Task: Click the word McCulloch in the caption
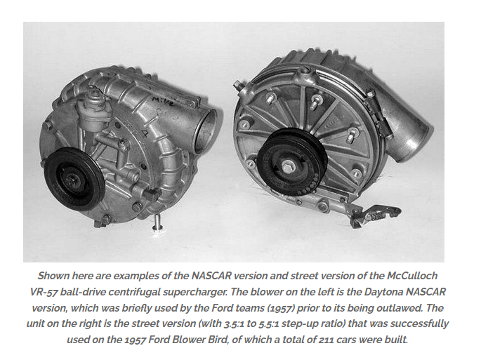pos(412,276)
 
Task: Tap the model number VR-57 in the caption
pos(44,292)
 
